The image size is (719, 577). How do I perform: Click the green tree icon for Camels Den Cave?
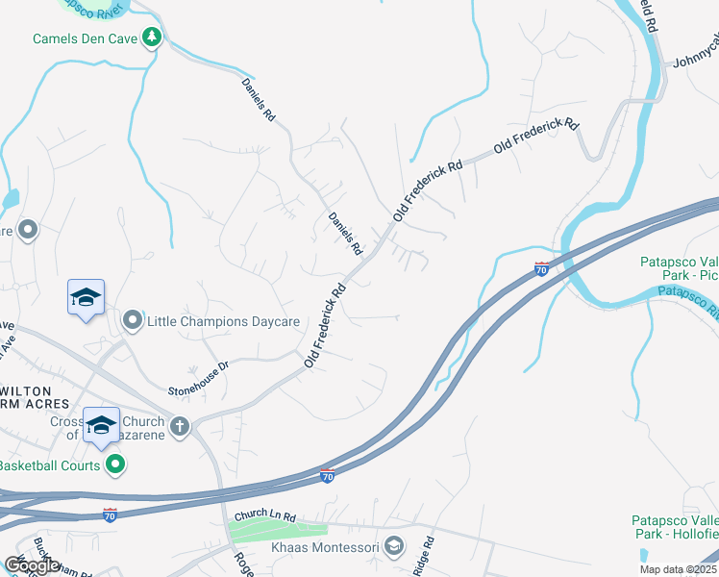(152, 38)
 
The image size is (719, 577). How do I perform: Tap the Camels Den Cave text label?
(85, 39)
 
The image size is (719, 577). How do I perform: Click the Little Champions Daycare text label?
(223, 320)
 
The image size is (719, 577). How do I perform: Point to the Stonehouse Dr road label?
(200, 378)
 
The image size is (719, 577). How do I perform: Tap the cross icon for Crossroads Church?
(179, 426)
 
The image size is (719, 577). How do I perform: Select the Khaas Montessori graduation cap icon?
(393, 546)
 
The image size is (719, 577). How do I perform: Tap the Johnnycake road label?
(695, 59)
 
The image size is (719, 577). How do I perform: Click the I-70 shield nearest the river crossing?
(542, 270)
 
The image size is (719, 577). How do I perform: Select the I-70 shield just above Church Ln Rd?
(327, 475)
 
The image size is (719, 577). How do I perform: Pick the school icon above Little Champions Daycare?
(86, 298)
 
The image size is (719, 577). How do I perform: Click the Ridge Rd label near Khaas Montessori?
(424, 557)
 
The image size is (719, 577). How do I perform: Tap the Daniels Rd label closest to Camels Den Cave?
(258, 99)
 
